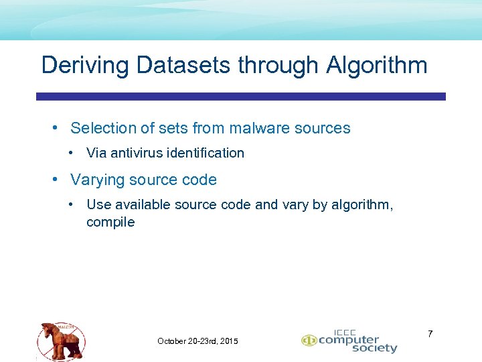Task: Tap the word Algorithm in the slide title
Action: coord(377,65)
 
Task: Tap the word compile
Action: coord(110,222)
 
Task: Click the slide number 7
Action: coord(430,333)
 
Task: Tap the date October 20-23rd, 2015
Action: coord(197,341)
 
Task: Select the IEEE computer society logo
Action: coord(349,341)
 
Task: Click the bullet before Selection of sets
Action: coord(58,127)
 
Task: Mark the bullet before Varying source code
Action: coord(58,180)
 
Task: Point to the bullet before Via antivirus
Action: coord(72,153)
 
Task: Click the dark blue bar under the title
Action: coord(241,97)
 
